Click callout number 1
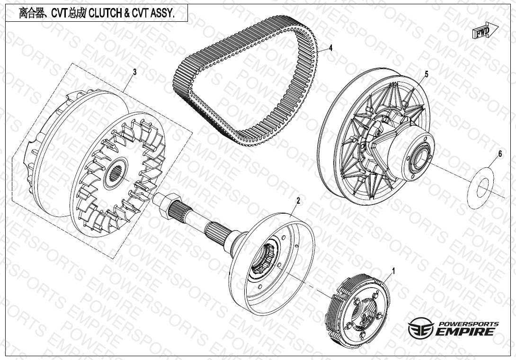coord(393,271)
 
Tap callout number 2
coord(298,200)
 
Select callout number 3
coord(134,72)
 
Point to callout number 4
coord(331,48)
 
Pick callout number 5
coord(427,74)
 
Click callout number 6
coord(500,154)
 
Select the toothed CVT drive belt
coord(245,79)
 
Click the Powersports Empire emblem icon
coord(420,328)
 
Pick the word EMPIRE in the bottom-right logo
coord(465,331)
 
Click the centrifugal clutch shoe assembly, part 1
coord(357,308)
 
